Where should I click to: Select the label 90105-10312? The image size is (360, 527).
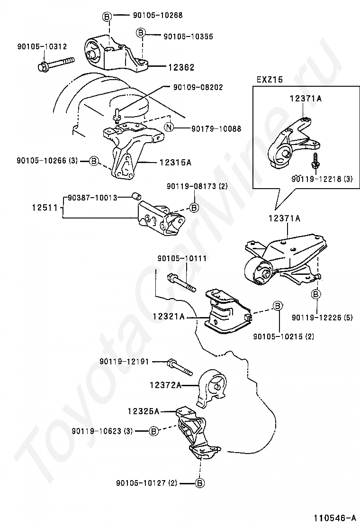[42, 46]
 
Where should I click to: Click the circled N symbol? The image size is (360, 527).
[170, 128]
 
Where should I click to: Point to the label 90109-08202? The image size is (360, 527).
[198, 87]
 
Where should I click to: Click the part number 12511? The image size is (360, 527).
[42, 208]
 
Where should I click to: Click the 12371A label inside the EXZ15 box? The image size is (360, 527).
[306, 99]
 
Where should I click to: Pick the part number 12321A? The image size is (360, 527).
[168, 316]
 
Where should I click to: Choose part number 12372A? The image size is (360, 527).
[165, 386]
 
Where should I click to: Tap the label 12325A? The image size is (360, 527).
[143, 411]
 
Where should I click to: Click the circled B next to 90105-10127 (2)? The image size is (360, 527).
[200, 483]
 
